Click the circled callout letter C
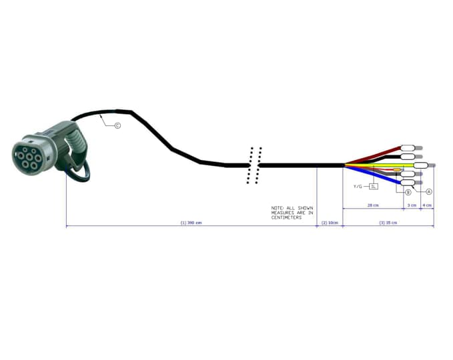click(x=117, y=125)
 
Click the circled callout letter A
click(x=429, y=191)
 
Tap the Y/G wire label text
click(x=358, y=187)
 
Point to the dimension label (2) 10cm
click(x=330, y=223)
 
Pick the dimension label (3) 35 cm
click(x=388, y=223)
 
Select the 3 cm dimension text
click(x=412, y=205)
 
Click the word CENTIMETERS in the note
click(x=286, y=217)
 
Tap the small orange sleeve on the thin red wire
click(x=398, y=171)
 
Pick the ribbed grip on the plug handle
click(x=79, y=144)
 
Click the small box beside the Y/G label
click(x=374, y=187)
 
